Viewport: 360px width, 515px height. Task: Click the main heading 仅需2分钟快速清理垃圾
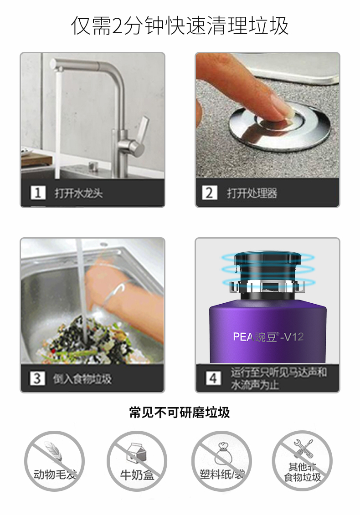click(x=180, y=25)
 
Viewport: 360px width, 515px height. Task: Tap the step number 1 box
click(x=38, y=193)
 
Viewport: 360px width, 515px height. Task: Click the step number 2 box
click(x=210, y=193)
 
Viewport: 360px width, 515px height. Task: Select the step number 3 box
click(x=37, y=378)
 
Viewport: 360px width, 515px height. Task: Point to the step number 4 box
click(x=213, y=378)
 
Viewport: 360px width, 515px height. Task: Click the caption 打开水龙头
click(x=79, y=193)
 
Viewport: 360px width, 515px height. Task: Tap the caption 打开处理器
click(x=252, y=193)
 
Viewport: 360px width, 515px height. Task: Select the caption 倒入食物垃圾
click(x=82, y=379)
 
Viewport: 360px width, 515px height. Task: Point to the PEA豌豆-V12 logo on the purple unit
click(x=268, y=337)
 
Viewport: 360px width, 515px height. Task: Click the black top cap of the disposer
click(x=268, y=258)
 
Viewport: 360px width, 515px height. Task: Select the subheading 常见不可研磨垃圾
click(x=180, y=413)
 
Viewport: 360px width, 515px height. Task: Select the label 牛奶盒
click(x=137, y=475)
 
